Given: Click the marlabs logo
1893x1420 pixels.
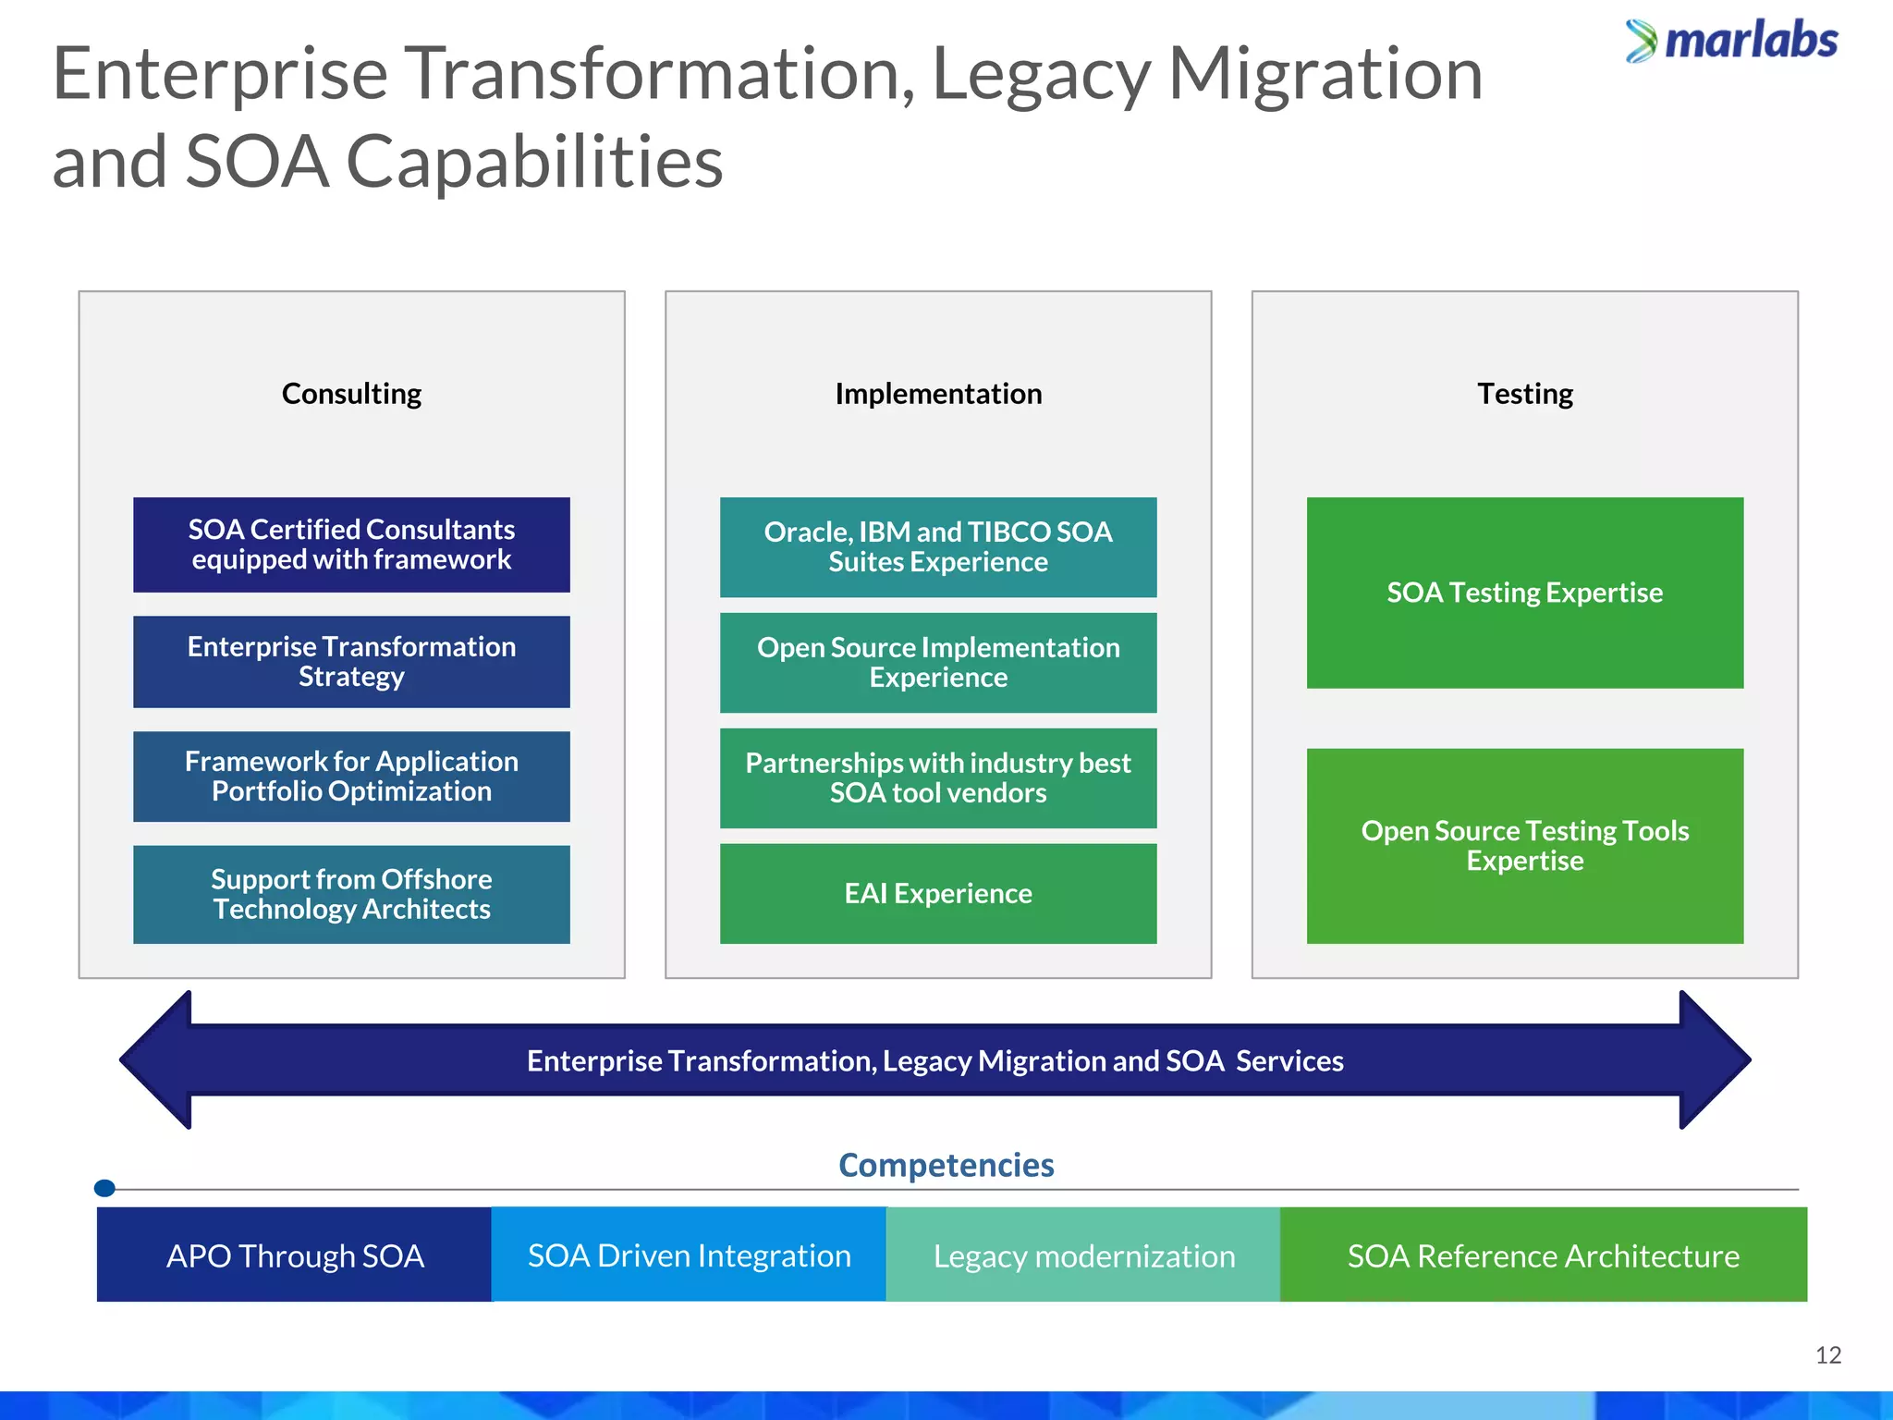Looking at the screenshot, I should point(1731,42).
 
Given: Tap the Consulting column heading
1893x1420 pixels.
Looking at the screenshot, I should point(351,394).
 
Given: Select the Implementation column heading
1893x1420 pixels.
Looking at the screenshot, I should point(938,394).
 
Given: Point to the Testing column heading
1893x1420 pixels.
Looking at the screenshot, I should point(1524,394).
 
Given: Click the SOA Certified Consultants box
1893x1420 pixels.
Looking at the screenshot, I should point(351,545).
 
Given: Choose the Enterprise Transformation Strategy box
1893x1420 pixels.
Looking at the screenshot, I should point(351,661).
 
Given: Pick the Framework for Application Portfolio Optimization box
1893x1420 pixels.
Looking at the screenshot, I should point(351,777).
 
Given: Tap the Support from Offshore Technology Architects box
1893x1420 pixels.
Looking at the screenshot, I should point(351,894).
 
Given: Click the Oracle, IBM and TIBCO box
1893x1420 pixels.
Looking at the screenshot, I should point(938,546).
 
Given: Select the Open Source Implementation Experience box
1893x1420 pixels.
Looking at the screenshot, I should point(938,662).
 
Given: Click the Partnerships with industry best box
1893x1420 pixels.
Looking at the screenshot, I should point(938,777).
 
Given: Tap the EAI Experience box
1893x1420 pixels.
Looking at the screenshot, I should point(938,893).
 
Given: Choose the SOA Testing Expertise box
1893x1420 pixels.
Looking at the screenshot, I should point(1524,593).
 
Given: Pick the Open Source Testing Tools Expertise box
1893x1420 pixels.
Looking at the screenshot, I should point(1524,845).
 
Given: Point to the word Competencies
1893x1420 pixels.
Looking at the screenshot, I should point(946,1165).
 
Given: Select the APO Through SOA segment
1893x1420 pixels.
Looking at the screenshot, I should point(294,1255).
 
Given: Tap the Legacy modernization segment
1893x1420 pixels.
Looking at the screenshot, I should point(1083,1255).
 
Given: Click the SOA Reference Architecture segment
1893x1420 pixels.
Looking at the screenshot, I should point(1543,1255).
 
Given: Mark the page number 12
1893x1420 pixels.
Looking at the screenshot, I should point(1827,1355).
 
